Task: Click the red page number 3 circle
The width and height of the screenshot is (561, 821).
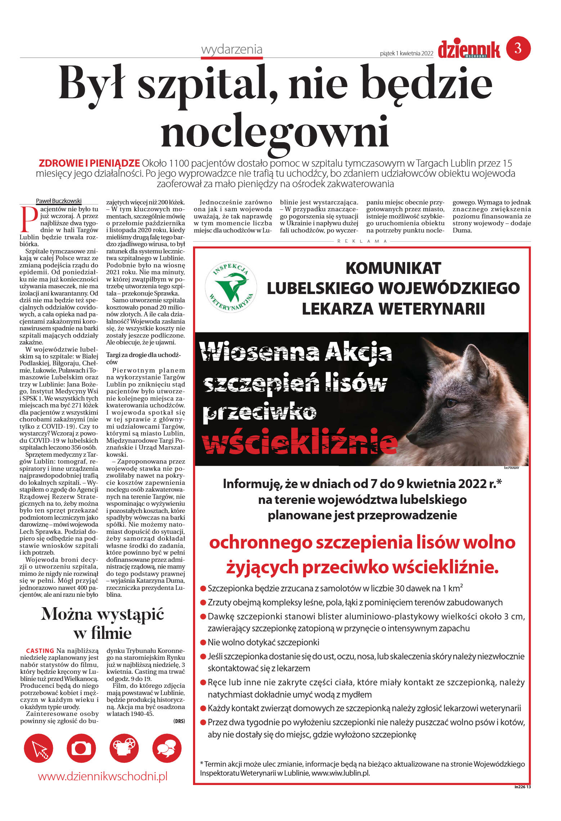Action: tap(518, 48)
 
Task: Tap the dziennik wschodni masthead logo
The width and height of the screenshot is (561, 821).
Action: tap(469, 50)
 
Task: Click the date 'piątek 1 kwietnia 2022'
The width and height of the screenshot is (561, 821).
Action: tap(406, 54)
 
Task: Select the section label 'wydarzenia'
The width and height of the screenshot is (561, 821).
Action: tap(232, 49)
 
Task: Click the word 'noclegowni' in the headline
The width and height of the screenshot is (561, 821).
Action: tap(275, 131)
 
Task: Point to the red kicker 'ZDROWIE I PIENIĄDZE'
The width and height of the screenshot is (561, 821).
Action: tap(89, 163)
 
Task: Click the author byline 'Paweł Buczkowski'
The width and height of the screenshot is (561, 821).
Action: tap(59, 201)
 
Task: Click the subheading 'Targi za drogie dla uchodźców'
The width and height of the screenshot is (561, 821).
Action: tap(143, 358)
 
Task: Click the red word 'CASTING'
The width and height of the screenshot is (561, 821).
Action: tap(40, 650)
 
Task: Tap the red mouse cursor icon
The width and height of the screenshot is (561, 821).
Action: tap(39, 749)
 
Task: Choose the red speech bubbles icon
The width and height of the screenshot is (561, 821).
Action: tap(167, 749)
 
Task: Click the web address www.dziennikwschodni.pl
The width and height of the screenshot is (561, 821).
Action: tap(103, 776)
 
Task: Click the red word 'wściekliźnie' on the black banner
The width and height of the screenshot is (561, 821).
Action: tap(300, 442)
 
